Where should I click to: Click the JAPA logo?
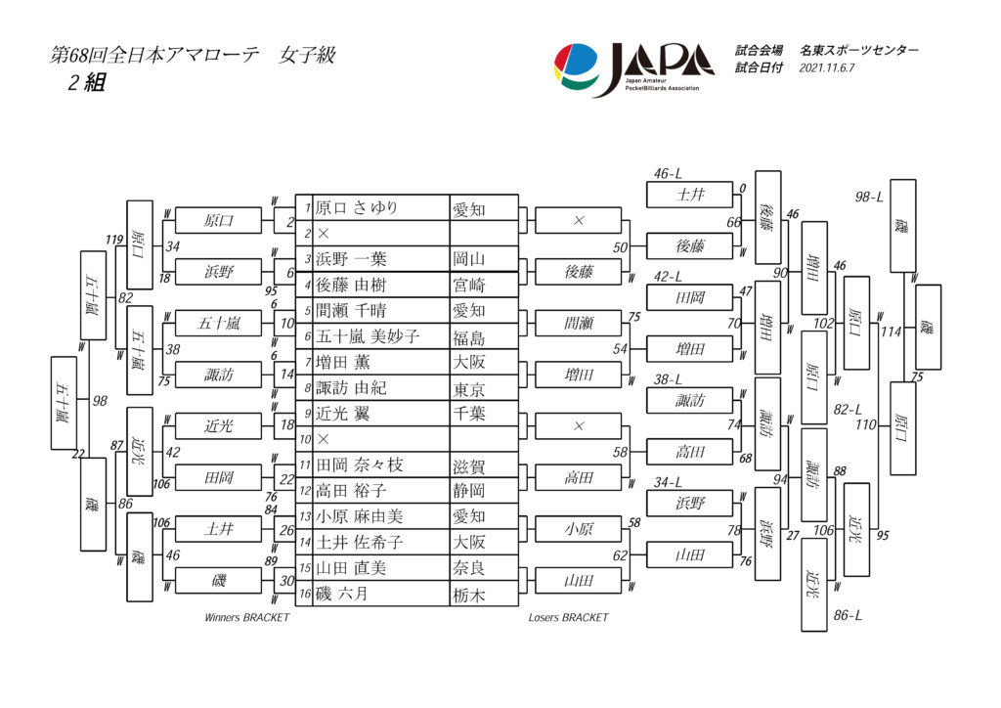coord(634,68)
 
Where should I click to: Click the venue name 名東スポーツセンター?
coord(858,50)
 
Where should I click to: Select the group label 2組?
coord(85,83)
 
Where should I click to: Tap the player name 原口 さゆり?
coord(357,207)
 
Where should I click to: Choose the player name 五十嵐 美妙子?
coord(368,336)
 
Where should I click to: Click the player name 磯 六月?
coord(341,594)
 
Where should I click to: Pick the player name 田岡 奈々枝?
coord(359,465)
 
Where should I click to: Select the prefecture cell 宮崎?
coord(469,286)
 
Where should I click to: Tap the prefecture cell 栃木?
coord(469,594)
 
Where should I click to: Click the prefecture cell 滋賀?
coord(469,465)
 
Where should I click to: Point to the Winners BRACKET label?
coord(247,618)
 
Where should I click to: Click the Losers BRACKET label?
coord(568,618)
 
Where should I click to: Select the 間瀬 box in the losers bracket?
coord(579,323)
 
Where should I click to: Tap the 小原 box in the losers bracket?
coord(579,529)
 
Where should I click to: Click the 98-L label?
coord(869,197)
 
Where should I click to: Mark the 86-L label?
coord(848,615)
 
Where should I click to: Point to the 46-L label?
coord(669,174)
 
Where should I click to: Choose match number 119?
coord(114,240)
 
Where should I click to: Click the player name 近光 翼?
coord(346,414)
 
